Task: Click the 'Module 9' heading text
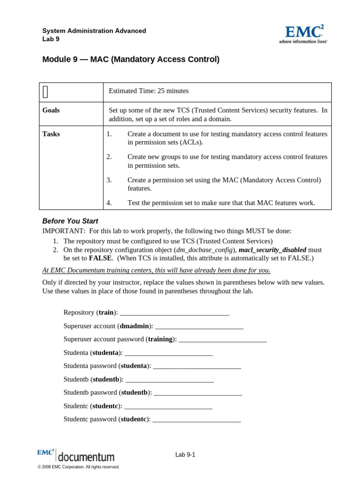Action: tap(131, 60)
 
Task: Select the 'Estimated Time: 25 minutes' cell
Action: tap(149, 91)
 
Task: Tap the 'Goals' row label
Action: tap(51, 110)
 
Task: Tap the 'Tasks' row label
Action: tap(51, 134)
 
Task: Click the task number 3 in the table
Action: tap(109, 180)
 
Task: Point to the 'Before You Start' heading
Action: tap(70, 221)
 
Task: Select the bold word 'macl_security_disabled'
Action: tap(272, 250)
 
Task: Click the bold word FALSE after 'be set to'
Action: tap(100, 258)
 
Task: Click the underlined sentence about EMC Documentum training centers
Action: tap(156, 270)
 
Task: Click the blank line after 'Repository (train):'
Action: tap(174, 313)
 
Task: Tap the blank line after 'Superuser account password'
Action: tap(223, 339)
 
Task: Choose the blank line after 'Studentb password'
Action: tap(198, 392)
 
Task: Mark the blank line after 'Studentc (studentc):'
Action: tap(168, 406)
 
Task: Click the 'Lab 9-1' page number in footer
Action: tap(185, 455)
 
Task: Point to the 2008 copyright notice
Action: tap(78, 467)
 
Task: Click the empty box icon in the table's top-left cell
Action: tap(45, 92)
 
